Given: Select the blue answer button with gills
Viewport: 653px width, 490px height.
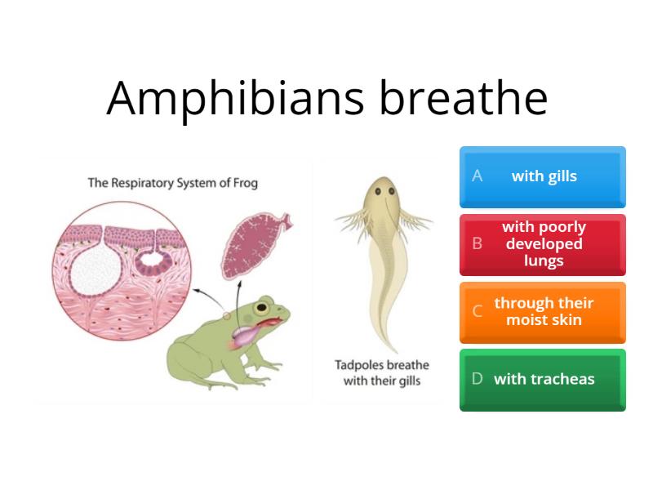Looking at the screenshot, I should (x=543, y=176).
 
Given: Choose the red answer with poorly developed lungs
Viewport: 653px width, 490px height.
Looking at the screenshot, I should (x=543, y=244).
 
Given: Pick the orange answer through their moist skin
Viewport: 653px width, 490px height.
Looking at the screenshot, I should (x=543, y=311).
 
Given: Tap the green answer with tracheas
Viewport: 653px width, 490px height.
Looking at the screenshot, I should (x=543, y=379).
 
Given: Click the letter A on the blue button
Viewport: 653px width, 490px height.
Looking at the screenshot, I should (x=478, y=176).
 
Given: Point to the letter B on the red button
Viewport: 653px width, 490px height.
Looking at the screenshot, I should (x=478, y=244).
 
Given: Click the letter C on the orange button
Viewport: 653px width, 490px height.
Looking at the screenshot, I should (x=478, y=311).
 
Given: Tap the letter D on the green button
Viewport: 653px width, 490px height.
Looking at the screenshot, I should (x=478, y=379).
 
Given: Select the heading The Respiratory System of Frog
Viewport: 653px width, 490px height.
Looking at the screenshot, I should (x=172, y=183).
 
